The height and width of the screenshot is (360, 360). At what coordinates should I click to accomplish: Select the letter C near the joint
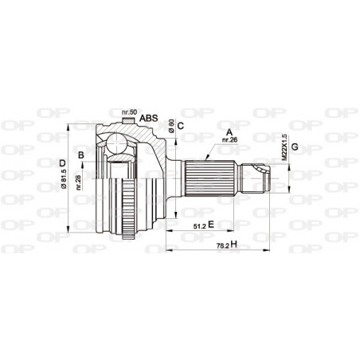tap(181, 125)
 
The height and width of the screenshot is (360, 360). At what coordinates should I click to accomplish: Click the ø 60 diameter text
tap(170, 127)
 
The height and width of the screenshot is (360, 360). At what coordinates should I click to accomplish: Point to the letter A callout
tap(229, 132)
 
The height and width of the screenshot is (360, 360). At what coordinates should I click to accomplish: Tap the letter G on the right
tap(295, 147)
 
